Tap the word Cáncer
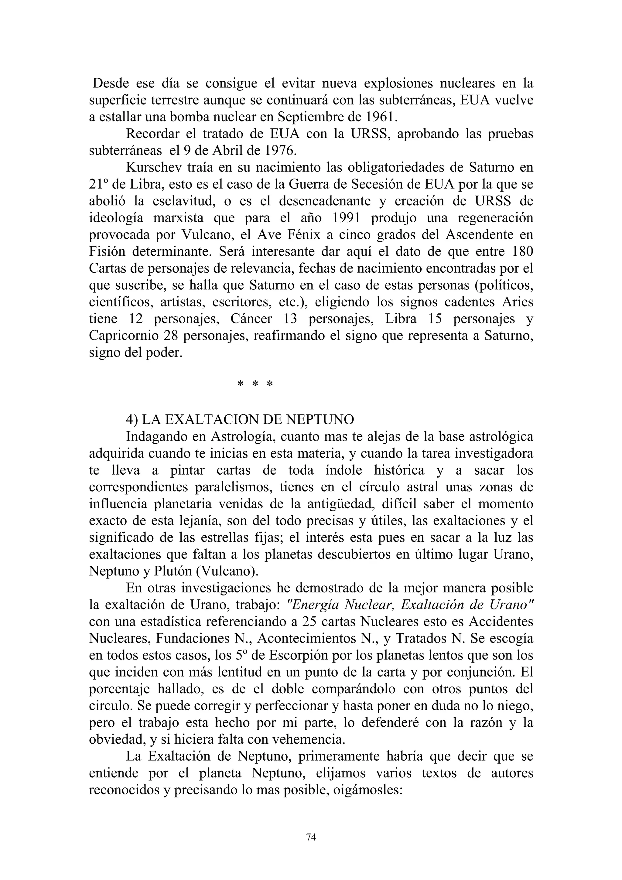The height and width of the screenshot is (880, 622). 251,319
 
